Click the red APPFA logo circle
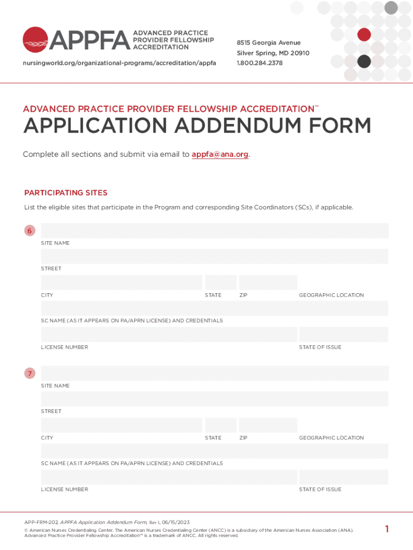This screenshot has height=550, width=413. pyautogui.click(x=36, y=40)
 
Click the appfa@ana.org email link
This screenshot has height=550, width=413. pyautogui.click(x=220, y=155)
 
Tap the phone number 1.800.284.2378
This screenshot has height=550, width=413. pyautogui.click(x=260, y=63)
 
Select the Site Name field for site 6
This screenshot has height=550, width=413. pyautogui.click(x=215, y=231)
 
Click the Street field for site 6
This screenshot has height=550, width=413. pyautogui.click(x=215, y=256)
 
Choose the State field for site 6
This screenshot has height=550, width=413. pyautogui.click(x=220, y=283)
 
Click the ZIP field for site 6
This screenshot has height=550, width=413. pyautogui.click(x=268, y=283)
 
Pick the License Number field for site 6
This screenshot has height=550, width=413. pyautogui.click(x=169, y=335)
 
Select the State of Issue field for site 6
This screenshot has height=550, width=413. pyautogui.click(x=343, y=335)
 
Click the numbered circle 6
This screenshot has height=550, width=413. pyautogui.click(x=30, y=231)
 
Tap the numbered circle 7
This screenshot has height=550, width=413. pyautogui.click(x=30, y=373)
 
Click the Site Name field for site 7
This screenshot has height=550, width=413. pyautogui.click(x=215, y=373)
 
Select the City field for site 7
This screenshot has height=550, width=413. pyautogui.click(x=121, y=425)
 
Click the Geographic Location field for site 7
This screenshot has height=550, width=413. pyautogui.click(x=343, y=425)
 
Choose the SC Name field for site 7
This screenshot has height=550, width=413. pyautogui.click(x=215, y=451)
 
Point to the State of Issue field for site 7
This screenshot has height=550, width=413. pyautogui.click(x=343, y=477)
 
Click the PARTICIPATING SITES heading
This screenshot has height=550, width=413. pyautogui.click(x=66, y=193)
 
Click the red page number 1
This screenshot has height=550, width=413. pyautogui.click(x=387, y=530)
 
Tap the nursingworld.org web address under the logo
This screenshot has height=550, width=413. pyautogui.click(x=119, y=63)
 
